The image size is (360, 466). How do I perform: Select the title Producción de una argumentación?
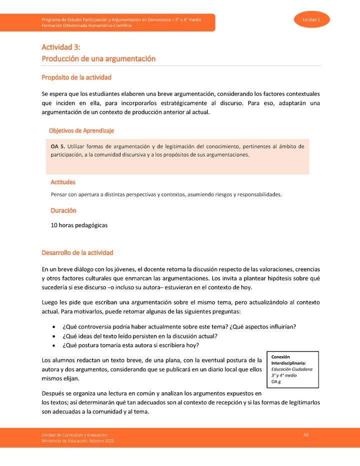tap(98, 58)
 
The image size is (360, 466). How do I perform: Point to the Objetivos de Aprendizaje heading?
tap(81, 130)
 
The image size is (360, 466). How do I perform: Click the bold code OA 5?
tap(58, 146)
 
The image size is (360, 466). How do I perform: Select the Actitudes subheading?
tap(63, 182)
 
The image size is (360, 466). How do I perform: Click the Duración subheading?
tap(63, 210)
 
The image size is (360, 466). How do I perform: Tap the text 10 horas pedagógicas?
tap(79, 225)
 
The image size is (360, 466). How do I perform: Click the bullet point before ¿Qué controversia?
tap(54, 327)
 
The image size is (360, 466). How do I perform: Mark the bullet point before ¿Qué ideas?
tap(54, 336)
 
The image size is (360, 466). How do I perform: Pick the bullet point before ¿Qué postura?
tap(54, 345)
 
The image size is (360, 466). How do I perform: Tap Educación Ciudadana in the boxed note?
tap(292, 369)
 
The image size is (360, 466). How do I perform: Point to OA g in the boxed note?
tap(276, 381)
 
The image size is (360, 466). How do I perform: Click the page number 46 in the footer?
tap(306, 435)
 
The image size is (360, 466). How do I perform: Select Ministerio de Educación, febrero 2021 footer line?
tap(80, 440)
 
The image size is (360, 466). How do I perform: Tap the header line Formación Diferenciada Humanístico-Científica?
tap(86, 25)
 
